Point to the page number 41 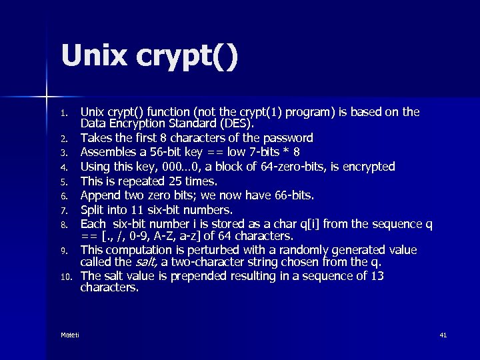tap(443, 335)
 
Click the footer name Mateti tap(69, 335)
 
